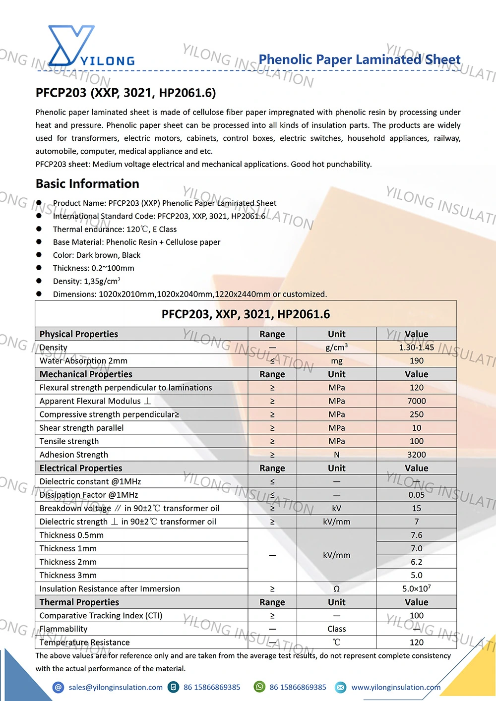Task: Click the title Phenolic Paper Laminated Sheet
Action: click(x=360, y=59)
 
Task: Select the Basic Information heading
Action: click(x=87, y=184)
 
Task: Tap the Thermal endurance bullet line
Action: click(x=115, y=229)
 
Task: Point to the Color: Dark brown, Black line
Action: click(x=97, y=255)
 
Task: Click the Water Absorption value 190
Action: click(x=416, y=361)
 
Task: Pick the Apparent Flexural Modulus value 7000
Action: click(x=416, y=401)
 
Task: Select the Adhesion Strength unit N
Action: click(x=336, y=455)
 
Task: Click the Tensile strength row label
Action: click(x=69, y=441)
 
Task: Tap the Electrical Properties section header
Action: click(x=81, y=468)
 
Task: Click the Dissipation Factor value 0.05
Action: click(x=416, y=495)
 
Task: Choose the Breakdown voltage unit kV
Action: click(x=336, y=508)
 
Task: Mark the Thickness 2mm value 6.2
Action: click(x=416, y=562)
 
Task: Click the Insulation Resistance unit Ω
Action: click(x=336, y=589)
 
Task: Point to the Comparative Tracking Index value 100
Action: click(x=416, y=616)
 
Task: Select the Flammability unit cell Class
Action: click(x=336, y=629)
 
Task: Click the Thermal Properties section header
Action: click(x=79, y=602)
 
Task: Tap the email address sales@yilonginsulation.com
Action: click(x=116, y=687)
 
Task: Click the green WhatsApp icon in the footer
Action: click(x=259, y=687)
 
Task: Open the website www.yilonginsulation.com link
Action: click(x=396, y=687)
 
